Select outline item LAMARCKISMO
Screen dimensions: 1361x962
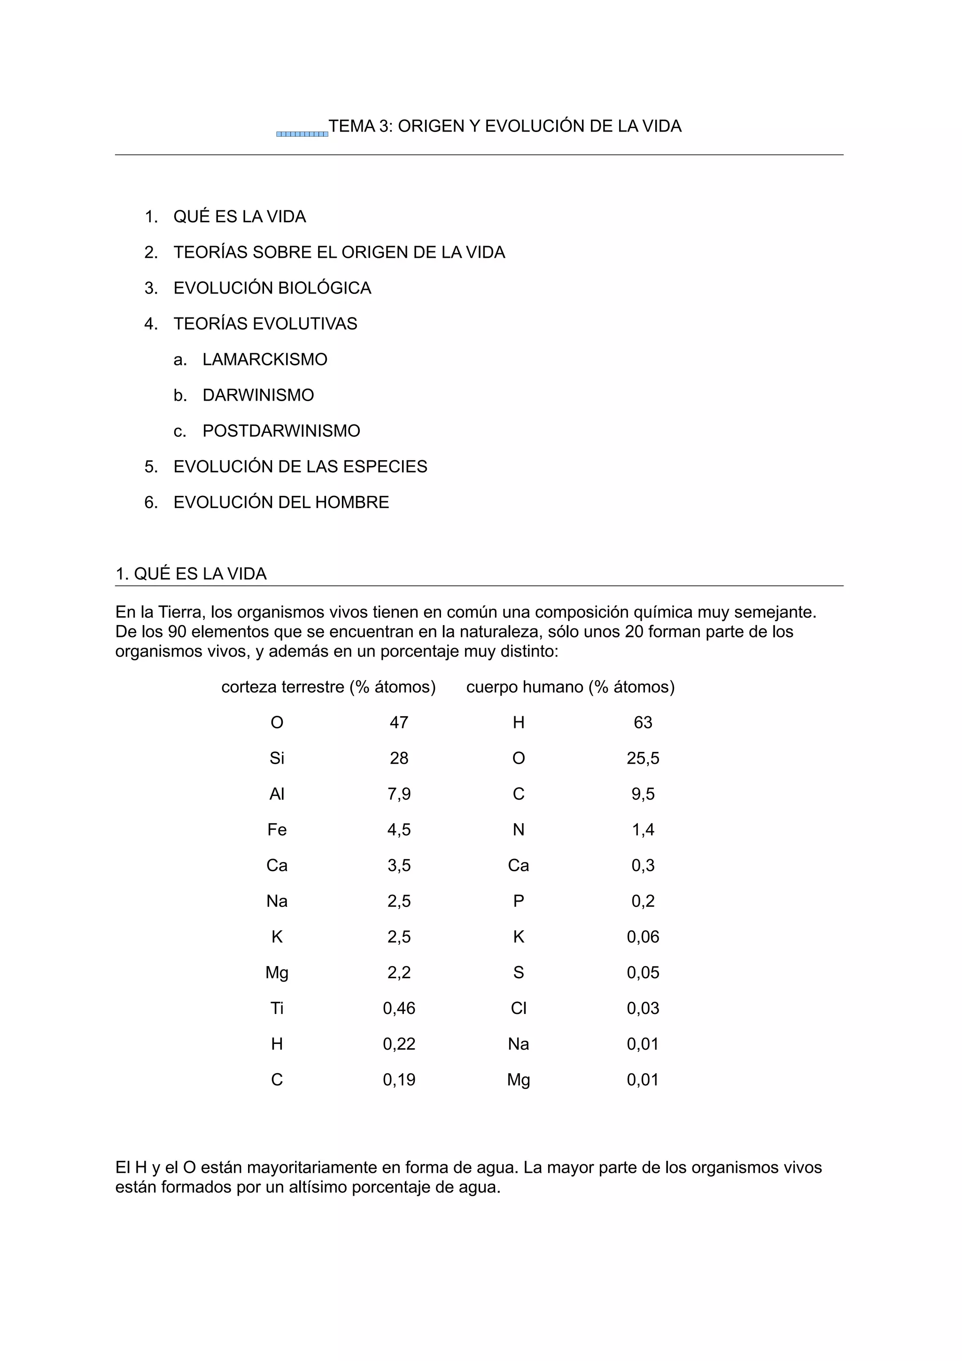(x=264, y=360)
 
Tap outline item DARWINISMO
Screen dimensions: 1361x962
(x=258, y=395)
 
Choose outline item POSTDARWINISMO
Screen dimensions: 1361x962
(x=281, y=431)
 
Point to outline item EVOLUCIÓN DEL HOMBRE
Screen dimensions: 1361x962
(x=281, y=503)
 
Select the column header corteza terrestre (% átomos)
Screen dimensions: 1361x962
(x=328, y=687)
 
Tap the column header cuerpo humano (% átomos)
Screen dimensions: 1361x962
(x=570, y=687)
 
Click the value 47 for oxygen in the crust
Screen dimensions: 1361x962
(x=399, y=723)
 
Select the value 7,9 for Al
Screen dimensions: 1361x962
(x=399, y=794)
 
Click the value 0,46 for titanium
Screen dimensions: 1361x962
(x=399, y=1008)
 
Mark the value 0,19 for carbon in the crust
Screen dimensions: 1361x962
(x=399, y=1080)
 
